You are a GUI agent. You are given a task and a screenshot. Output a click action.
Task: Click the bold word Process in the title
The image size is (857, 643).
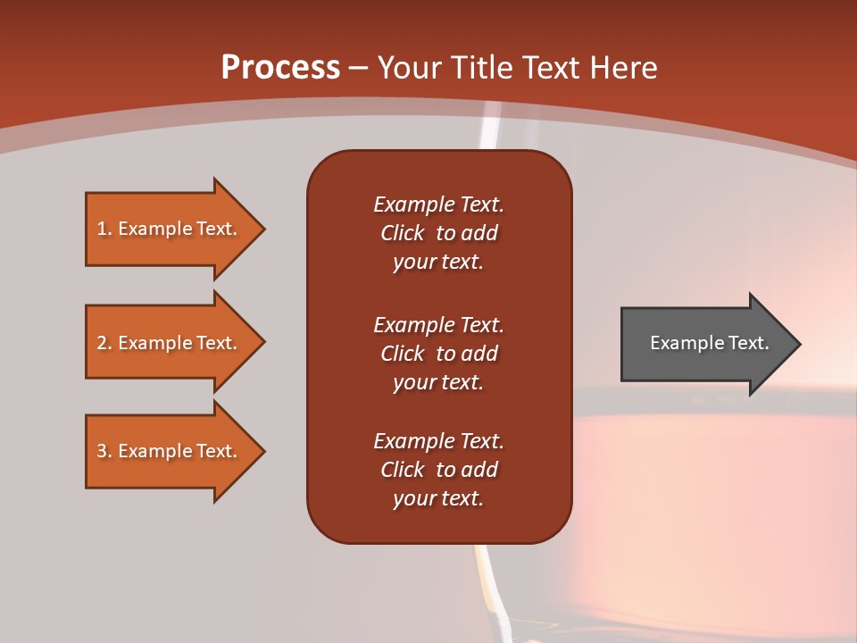click(280, 68)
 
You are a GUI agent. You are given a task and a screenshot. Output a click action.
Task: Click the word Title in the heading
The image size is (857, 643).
click(486, 68)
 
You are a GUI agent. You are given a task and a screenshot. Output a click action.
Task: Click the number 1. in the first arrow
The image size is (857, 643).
click(104, 229)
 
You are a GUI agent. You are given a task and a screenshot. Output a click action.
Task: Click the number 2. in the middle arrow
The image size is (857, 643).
click(104, 343)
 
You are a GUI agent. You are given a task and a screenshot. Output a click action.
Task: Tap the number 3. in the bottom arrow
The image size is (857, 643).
click(104, 451)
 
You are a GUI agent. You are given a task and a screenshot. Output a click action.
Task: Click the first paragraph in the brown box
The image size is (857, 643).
click(438, 233)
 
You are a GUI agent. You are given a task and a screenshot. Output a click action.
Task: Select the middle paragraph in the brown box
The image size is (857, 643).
click(438, 354)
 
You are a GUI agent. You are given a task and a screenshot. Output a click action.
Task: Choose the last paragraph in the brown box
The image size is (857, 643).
click(438, 470)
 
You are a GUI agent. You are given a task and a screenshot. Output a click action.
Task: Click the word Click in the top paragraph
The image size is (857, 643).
click(402, 233)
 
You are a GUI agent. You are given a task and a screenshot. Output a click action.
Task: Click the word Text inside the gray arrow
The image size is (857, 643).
click(749, 343)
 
